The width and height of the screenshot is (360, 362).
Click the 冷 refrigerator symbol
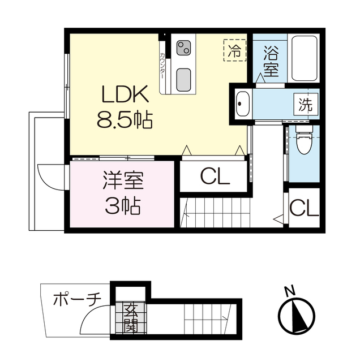(x=234, y=50)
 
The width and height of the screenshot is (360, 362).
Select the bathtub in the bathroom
(x=305, y=58)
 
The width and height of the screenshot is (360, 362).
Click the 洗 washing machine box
(x=305, y=105)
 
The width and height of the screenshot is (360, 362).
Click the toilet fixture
(x=303, y=143)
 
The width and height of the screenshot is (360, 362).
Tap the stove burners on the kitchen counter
(x=183, y=49)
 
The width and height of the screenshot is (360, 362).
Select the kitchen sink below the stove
(x=183, y=78)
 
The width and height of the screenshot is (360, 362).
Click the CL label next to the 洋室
(x=215, y=178)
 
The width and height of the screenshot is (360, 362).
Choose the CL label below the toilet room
(x=304, y=209)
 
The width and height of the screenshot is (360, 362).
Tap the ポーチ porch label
(x=76, y=298)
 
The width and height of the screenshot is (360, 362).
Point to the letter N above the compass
(x=290, y=292)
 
